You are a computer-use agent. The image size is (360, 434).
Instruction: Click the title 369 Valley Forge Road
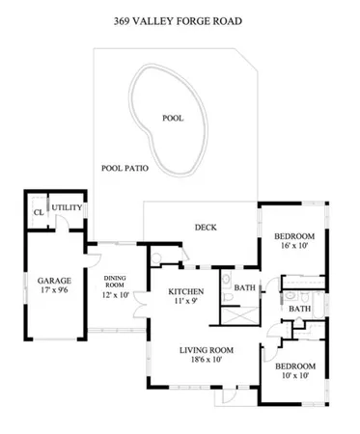[x=180, y=18]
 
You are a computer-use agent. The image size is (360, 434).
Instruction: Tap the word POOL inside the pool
[x=173, y=119]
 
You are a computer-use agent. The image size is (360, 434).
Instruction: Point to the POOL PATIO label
[x=125, y=168]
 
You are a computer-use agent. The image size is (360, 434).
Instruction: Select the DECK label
[x=205, y=228]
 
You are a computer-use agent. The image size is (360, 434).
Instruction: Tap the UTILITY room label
[x=67, y=207]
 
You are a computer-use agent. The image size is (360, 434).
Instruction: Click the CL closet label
[x=39, y=211]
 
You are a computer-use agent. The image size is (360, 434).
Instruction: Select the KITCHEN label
[x=184, y=291]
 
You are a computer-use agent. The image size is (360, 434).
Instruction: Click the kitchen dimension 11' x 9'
[x=184, y=303]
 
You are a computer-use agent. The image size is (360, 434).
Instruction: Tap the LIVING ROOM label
[x=208, y=349]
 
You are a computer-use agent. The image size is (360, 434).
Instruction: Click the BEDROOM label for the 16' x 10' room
[x=293, y=236]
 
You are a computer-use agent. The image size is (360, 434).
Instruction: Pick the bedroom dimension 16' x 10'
[x=293, y=247]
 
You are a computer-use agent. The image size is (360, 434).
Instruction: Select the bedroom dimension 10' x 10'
[x=293, y=377]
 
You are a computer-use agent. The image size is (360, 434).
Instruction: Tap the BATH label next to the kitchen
[x=244, y=287]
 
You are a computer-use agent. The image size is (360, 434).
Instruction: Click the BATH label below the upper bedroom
[x=298, y=310]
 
